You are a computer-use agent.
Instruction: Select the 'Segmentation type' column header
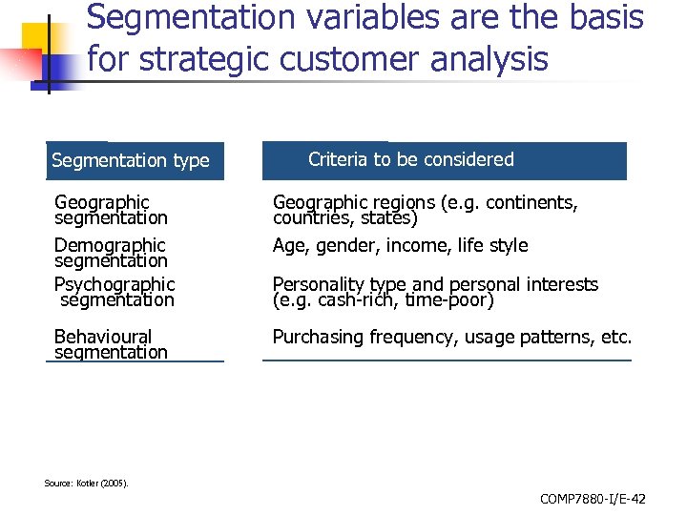click(x=131, y=160)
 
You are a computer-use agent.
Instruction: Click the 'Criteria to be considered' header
click(x=410, y=159)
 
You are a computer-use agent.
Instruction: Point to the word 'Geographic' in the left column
click(x=102, y=202)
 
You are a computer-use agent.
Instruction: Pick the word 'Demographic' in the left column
click(x=110, y=245)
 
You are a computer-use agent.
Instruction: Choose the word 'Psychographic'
click(x=114, y=284)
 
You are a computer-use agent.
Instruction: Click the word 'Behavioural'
click(x=103, y=337)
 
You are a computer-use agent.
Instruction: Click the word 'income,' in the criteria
click(x=421, y=246)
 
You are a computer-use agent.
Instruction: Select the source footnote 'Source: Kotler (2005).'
click(x=86, y=483)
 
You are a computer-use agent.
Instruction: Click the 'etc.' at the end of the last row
click(x=615, y=338)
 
